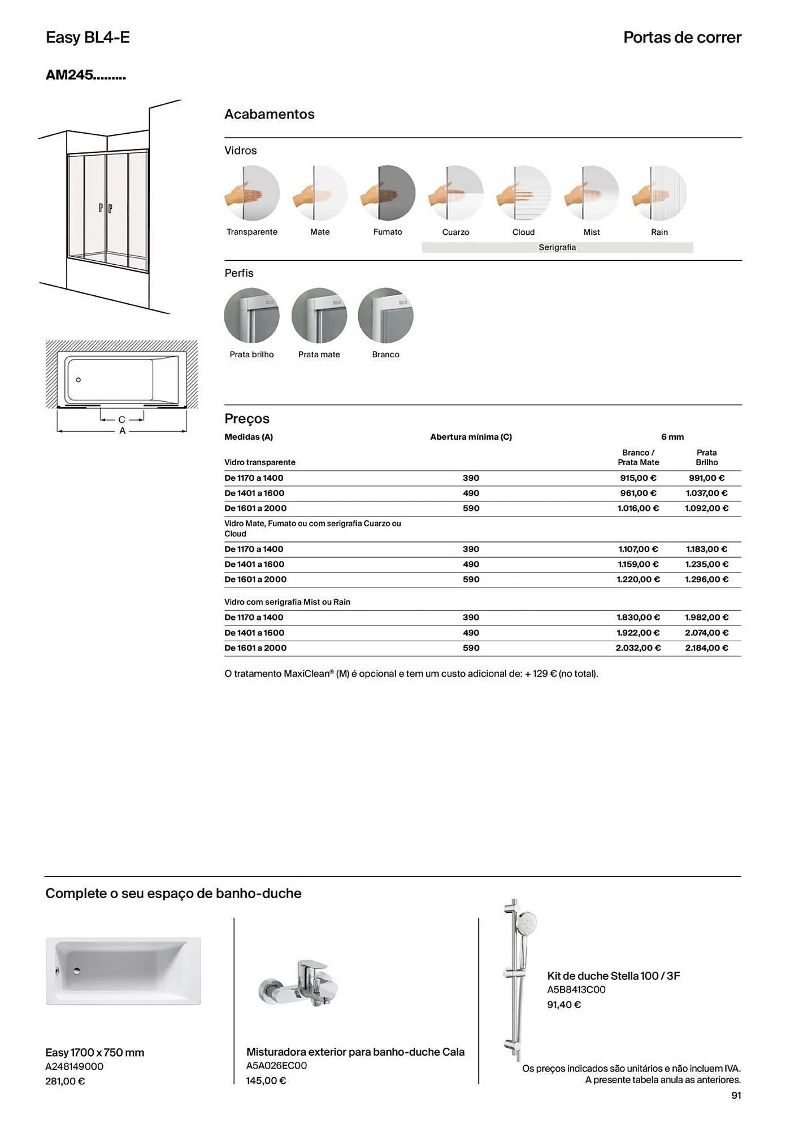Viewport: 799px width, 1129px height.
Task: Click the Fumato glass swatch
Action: click(x=388, y=193)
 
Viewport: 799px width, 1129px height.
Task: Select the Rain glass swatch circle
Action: click(x=659, y=193)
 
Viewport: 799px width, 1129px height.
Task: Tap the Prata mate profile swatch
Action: click(x=319, y=316)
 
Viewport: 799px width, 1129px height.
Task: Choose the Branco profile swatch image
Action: click(x=386, y=316)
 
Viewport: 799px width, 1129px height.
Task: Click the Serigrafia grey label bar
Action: click(x=557, y=247)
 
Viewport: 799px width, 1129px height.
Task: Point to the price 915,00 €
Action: click(x=638, y=478)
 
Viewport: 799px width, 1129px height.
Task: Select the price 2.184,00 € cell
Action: click(x=706, y=648)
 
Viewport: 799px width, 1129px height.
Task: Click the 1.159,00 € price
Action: click(x=638, y=564)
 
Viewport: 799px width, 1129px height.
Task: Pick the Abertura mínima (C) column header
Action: click(x=471, y=437)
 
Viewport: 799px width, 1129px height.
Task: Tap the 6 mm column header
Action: click(x=672, y=437)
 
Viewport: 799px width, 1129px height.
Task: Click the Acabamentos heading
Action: click(x=270, y=114)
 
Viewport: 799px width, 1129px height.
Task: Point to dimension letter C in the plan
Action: click(x=122, y=420)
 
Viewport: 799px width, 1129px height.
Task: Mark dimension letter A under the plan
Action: click(x=122, y=431)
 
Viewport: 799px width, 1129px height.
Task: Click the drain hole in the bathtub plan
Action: click(x=79, y=380)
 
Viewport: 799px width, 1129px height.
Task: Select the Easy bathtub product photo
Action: click(x=123, y=971)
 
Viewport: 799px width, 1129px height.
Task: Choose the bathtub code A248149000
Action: click(x=74, y=1066)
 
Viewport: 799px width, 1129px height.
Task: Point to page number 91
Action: click(x=736, y=1095)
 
